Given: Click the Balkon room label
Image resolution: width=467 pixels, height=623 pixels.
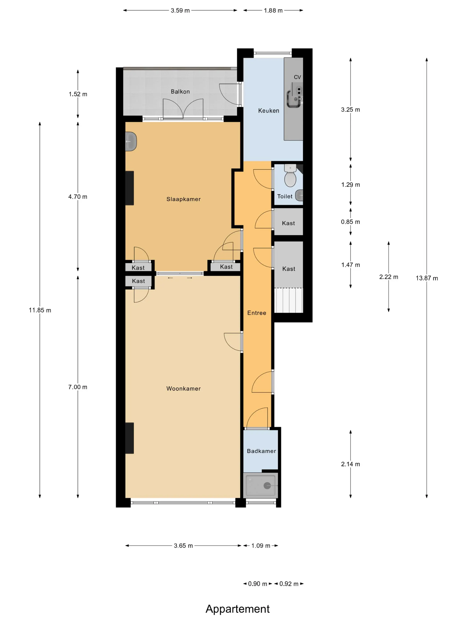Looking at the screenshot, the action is [180, 91].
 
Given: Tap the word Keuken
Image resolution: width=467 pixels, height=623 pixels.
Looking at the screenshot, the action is [269, 111].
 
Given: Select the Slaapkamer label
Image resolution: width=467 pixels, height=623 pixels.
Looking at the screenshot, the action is [183, 199].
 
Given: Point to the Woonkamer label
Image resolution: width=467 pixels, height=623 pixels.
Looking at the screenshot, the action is [183, 389].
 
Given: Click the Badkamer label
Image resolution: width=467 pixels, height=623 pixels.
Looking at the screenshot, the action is [262, 451].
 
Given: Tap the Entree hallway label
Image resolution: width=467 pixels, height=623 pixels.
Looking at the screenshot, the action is [257, 313].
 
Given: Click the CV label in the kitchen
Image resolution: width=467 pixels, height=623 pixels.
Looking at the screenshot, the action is [297, 77].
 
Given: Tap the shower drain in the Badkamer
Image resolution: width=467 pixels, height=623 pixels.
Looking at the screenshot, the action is [267, 485].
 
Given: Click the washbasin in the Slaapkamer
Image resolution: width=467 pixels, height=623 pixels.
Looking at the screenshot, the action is [131, 141].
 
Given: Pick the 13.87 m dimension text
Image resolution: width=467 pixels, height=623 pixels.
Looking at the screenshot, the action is [427, 278].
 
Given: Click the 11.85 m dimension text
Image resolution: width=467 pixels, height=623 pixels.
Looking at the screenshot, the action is [40, 310].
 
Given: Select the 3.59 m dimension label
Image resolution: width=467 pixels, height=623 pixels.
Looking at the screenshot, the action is [180, 10].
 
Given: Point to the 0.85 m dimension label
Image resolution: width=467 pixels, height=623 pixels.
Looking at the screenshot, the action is [350, 222].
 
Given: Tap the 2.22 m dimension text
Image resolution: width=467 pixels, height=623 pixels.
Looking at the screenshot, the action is [389, 277].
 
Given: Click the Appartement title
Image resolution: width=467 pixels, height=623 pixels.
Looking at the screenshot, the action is [238, 609].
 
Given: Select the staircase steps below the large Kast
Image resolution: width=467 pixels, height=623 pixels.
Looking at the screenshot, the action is [288, 300].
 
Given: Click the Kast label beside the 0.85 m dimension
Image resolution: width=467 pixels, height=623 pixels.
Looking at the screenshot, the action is [288, 223].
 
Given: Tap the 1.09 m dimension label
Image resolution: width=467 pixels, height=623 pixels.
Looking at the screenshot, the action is [261, 546].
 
